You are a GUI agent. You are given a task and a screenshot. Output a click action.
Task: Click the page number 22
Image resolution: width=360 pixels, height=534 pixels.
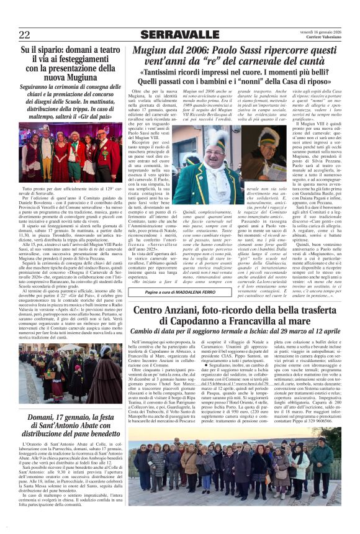pos(25,35)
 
